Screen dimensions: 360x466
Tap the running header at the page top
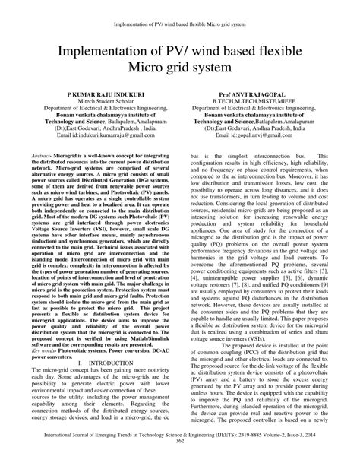tap(180, 8)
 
